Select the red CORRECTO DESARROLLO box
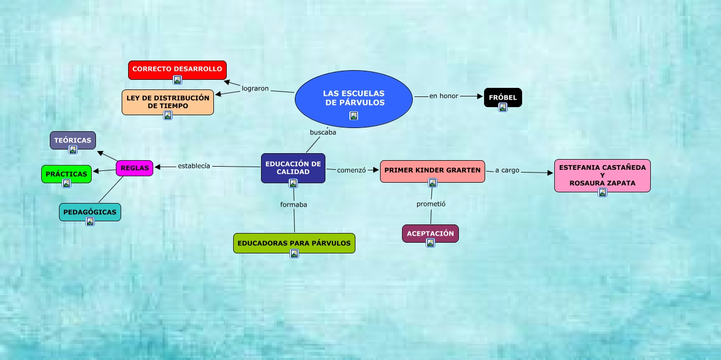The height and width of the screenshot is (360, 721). click(x=177, y=69)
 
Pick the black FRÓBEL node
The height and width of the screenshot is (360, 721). click(x=503, y=97)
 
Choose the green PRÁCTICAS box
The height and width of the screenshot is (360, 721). click(x=66, y=174)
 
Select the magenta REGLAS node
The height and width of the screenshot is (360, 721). click(x=135, y=168)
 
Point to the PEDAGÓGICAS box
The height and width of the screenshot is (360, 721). click(x=90, y=212)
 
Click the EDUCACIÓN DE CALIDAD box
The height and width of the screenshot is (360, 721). click(x=293, y=167)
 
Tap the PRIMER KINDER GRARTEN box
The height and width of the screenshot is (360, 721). click(x=433, y=170)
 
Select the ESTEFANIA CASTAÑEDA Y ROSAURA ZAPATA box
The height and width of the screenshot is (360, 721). click(x=602, y=175)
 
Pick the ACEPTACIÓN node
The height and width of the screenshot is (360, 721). click(x=430, y=233)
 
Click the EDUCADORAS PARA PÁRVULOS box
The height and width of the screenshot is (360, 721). click(x=294, y=243)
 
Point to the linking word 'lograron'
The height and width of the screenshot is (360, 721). click(x=255, y=88)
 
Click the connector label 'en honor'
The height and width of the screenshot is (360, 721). click(x=444, y=96)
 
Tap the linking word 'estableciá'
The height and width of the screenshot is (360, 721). click(x=194, y=166)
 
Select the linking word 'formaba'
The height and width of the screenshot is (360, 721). click(x=294, y=204)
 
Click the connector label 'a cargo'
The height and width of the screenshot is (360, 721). click(x=507, y=170)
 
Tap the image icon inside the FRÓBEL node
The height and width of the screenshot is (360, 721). click(x=503, y=107)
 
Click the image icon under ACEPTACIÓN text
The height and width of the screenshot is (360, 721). click(x=430, y=243)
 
